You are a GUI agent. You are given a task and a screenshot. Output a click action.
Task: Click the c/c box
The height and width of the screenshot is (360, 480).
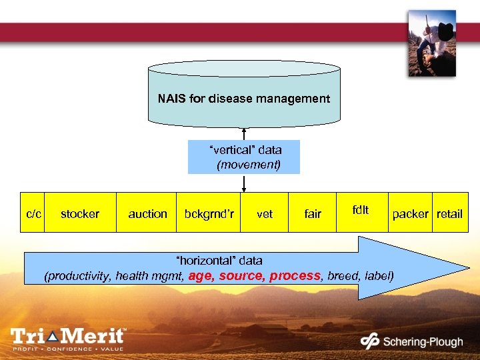33,213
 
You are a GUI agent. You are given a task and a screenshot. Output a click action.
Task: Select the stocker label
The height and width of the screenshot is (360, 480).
80,214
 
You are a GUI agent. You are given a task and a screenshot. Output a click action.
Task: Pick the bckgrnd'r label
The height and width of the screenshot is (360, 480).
209,214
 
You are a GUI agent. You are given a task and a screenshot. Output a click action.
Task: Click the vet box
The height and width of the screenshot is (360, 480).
265,214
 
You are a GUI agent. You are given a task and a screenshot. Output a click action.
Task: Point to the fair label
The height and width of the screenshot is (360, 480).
313,214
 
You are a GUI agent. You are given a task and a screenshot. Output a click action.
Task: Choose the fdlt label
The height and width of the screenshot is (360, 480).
361,209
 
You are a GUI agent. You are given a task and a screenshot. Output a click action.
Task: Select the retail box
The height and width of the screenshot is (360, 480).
449,213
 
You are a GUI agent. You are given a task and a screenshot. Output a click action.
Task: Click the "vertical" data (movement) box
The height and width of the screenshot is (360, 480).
244,157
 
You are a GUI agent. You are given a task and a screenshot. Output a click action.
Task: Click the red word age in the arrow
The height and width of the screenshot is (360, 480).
201,275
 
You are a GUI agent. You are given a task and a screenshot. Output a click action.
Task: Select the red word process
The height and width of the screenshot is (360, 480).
295,275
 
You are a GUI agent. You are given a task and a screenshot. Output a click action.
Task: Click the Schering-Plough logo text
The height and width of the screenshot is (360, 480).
422,342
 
